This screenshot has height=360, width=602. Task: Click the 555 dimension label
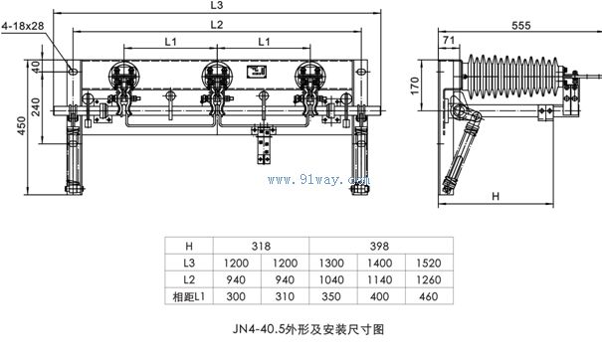point(521,26)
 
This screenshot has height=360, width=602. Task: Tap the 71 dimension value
point(449,40)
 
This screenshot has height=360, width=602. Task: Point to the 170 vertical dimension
point(415,86)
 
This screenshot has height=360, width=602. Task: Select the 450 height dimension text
point(22,125)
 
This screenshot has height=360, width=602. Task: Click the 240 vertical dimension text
point(35,106)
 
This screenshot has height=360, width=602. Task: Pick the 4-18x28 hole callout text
point(23,26)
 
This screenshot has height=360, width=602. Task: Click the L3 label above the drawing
point(217,5)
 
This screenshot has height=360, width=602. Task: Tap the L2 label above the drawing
point(217,25)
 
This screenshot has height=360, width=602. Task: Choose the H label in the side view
point(496,196)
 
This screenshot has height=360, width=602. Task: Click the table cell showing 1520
point(429,263)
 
